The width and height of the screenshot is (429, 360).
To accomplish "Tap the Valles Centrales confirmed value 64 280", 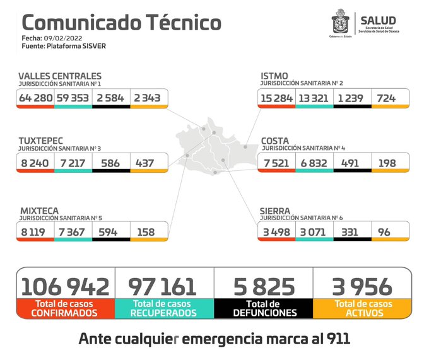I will (35, 98).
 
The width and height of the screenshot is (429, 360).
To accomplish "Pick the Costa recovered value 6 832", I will (314, 163).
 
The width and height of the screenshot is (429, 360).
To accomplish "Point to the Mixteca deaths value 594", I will (110, 232).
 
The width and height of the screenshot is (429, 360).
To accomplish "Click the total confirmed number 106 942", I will (65, 286).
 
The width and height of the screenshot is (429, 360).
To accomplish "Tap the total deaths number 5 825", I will (264, 286).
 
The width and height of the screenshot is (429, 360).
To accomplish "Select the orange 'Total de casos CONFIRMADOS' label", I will (65, 308).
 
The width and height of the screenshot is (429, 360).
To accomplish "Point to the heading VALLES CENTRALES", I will (60, 76).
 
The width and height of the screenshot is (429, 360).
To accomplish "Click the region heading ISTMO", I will (274, 76).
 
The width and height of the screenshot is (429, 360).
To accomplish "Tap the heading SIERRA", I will (276, 211).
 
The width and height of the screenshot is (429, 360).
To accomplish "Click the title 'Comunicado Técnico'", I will (122, 22).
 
